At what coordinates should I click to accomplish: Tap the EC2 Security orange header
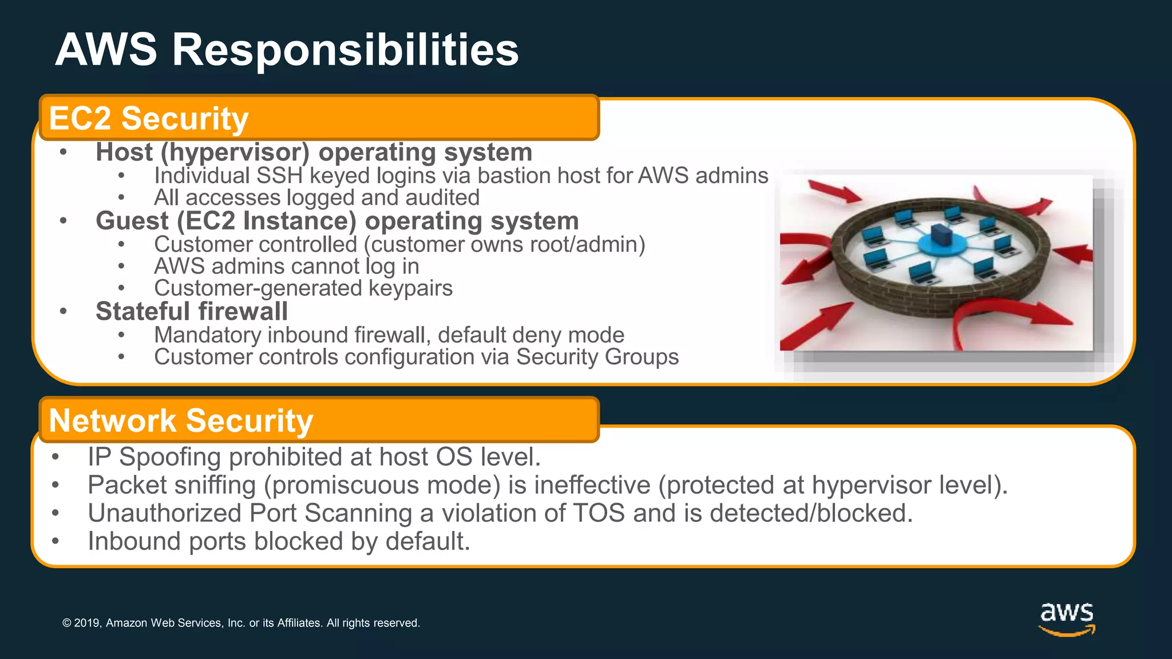point(319,118)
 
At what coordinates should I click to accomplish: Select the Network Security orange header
point(319,420)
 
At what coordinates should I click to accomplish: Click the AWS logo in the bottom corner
point(1067,618)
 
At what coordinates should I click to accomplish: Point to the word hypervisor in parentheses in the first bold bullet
point(235,152)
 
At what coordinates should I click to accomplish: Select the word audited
point(442,198)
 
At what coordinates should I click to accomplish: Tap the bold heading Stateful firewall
point(192,312)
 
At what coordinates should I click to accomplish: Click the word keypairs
point(410,288)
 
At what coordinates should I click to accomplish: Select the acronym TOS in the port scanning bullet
point(599,513)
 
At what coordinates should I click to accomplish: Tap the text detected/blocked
point(811,513)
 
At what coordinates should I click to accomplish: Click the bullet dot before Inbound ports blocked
point(55,541)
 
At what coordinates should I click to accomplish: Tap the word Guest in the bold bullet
point(132,221)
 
